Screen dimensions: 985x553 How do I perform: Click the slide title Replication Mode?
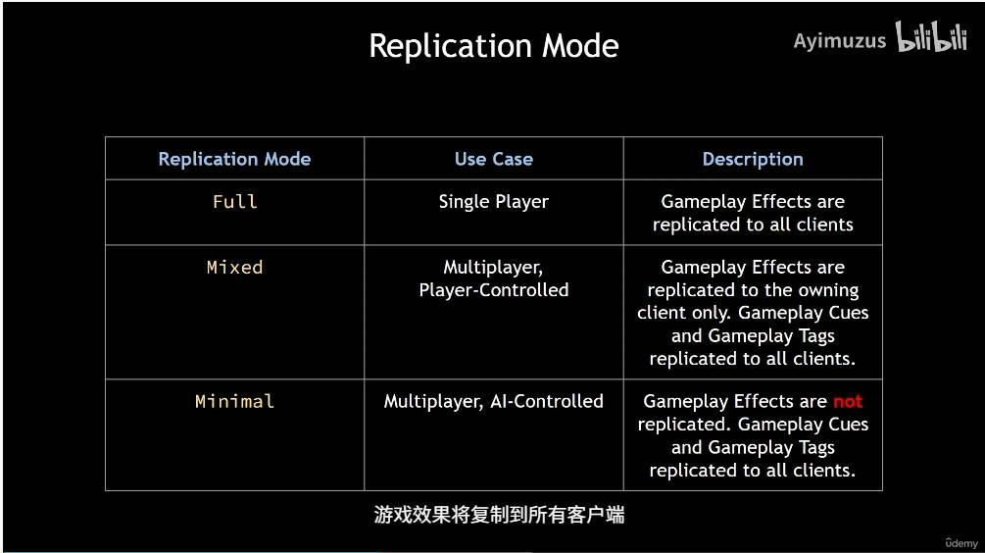click(493, 46)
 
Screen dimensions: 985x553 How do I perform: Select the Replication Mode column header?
click(234, 159)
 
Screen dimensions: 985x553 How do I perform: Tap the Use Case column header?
click(493, 159)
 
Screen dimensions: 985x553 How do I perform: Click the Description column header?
click(752, 159)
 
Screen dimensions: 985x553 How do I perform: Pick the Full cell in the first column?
click(234, 202)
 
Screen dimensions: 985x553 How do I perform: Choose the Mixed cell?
click(234, 267)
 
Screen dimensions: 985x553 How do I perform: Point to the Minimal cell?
click(234, 401)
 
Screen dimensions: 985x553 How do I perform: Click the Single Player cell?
click(493, 202)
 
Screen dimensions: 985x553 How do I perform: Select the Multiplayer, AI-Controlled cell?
click(493, 401)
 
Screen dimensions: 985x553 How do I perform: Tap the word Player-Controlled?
click(493, 290)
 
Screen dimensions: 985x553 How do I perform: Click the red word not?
click(847, 401)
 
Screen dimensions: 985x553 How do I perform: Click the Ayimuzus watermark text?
click(839, 41)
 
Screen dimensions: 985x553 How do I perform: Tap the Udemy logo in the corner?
click(960, 542)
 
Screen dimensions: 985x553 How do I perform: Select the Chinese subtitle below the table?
click(499, 515)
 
